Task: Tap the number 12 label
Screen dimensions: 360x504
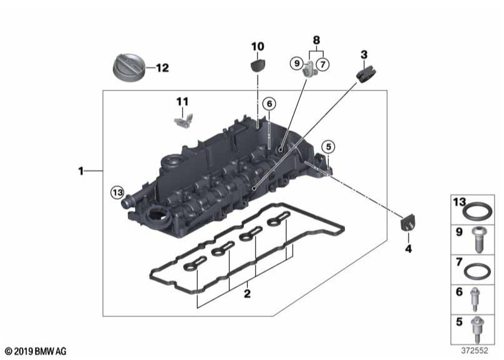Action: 162,68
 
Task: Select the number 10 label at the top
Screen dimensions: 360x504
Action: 258,46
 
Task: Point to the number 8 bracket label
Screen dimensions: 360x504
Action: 316,41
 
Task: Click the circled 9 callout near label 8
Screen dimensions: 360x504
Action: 297,63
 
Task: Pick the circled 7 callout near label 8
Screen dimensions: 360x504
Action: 322,63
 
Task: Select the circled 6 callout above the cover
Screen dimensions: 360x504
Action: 268,104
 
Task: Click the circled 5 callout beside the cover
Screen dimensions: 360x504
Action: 328,147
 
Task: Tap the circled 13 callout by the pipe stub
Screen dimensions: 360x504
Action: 117,192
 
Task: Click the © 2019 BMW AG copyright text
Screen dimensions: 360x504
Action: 36,352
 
